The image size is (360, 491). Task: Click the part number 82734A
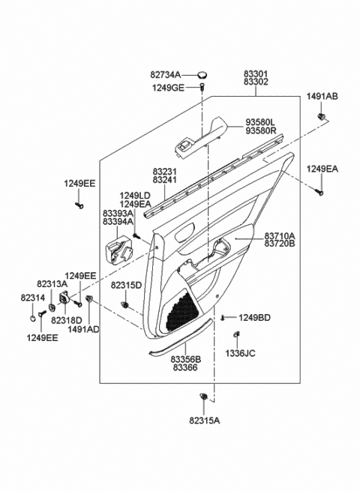pyautogui.click(x=166, y=75)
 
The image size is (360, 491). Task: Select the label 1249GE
pyautogui.click(x=168, y=88)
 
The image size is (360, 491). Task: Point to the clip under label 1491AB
pyautogui.click(x=321, y=117)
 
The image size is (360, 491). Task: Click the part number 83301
pyautogui.click(x=256, y=74)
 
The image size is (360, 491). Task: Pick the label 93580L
pyautogui.click(x=259, y=122)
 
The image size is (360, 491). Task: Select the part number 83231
pyautogui.click(x=165, y=172)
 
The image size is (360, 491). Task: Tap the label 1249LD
pyautogui.click(x=135, y=196)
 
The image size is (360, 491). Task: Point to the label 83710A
pyautogui.click(x=280, y=235)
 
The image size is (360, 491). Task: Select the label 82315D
pyautogui.click(x=126, y=285)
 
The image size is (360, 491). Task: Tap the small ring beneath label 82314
pyautogui.click(x=33, y=319)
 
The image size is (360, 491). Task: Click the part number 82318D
pyautogui.click(x=67, y=320)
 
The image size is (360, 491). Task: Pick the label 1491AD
pyautogui.click(x=83, y=329)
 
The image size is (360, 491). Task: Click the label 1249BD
pyautogui.click(x=254, y=318)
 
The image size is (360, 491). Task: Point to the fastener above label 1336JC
pyautogui.click(x=237, y=334)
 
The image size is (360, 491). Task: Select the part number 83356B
pyautogui.click(x=186, y=360)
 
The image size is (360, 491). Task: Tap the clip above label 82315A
pyautogui.click(x=203, y=397)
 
